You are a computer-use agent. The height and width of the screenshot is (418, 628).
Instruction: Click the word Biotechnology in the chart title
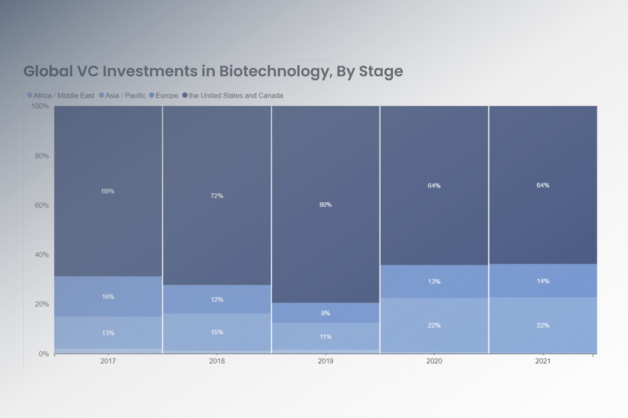pyautogui.click(x=274, y=71)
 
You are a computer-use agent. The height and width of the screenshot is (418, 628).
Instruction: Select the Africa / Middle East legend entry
pyautogui.click(x=61, y=96)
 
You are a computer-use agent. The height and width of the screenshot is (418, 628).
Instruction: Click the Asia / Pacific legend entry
pyautogui.click(x=122, y=96)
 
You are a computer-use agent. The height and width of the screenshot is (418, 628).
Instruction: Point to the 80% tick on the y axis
pyautogui.click(x=42, y=156)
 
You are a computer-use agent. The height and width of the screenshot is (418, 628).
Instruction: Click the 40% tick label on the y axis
pyautogui.click(x=42, y=255)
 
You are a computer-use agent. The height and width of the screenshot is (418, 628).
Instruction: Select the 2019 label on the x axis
pyautogui.click(x=325, y=361)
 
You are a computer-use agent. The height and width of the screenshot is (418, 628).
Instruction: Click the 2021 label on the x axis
pyautogui.click(x=543, y=361)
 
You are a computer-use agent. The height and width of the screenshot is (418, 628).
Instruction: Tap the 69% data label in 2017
pyautogui.click(x=108, y=191)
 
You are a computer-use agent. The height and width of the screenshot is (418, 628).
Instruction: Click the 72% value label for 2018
pyautogui.click(x=217, y=196)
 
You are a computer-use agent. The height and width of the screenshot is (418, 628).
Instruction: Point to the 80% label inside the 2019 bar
pyautogui.click(x=325, y=205)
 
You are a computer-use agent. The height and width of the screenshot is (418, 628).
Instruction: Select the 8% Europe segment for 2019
pyautogui.click(x=325, y=313)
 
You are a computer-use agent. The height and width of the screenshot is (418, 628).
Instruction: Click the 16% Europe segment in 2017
pyautogui.click(x=108, y=296)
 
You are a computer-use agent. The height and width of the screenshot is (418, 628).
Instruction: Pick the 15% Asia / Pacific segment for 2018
pyautogui.click(x=217, y=332)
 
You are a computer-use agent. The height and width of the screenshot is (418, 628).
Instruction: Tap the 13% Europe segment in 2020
pyautogui.click(x=434, y=282)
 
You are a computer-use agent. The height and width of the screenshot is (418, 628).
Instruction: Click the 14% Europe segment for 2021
pyautogui.click(x=543, y=281)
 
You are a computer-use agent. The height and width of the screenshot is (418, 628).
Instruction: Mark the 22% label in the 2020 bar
pyautogui.click(x=434, y=325)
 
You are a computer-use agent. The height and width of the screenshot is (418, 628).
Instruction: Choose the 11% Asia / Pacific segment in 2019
pyautogui.click(x=325, y=336)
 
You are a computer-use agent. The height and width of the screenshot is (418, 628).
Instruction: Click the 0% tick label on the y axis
pyautogui.click(x=44, y=354)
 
